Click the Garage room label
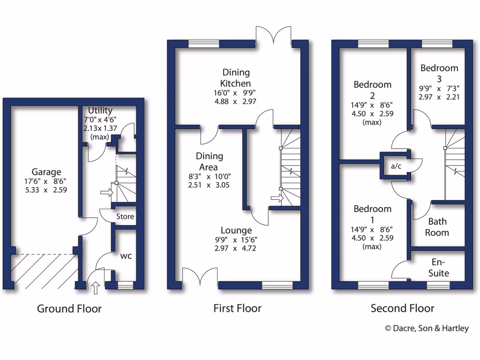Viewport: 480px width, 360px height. click(46, 172)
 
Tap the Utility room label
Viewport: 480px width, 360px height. click(100, 111)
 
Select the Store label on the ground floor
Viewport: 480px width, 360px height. click(125, 217)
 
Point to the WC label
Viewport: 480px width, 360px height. click(126, 256)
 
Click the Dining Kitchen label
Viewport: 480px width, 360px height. click(236, 78)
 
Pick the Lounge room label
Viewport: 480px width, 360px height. click(236, 230)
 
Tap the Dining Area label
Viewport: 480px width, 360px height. click(210, 161)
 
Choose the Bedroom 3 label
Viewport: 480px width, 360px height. click(439, 73)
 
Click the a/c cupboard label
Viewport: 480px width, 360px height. click(396, 166)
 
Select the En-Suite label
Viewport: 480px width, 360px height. click(439, 268)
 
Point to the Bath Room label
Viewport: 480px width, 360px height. click(437, 227)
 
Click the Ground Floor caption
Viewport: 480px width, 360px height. click(69, 308)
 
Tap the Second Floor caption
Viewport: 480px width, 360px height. click(402, 308)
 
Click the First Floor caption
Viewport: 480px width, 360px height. click(237, 308)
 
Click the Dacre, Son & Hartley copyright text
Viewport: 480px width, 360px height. click(427, 329)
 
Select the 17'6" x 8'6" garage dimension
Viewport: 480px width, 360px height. click(46, 182)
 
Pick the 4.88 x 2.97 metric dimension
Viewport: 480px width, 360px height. click(236, 101)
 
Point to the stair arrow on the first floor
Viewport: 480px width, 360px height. click(277, 198)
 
